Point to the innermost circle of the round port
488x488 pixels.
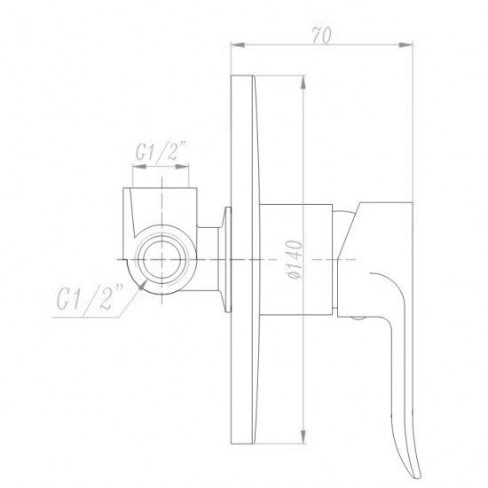[161, 258]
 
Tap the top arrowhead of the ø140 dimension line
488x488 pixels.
[305, 79]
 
